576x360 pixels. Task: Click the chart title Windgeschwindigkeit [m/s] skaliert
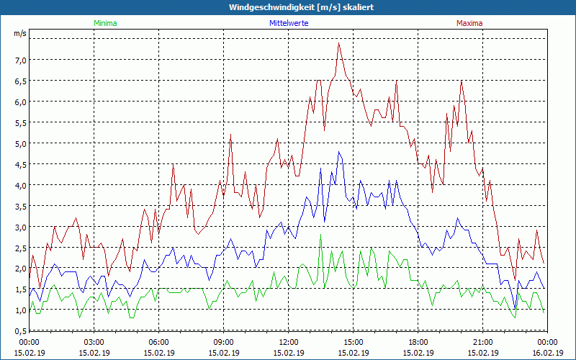pyautogui.click(x=292, y=7)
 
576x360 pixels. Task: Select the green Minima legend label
pyautogui.click(x=104, y=23)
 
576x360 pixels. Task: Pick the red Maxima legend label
pyautogui.click(x=469, y=23)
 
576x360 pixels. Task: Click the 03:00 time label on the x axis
pyautogui.click(x=94, y=342)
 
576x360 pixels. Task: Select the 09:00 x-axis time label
pyautogui.click(x=223, y=342)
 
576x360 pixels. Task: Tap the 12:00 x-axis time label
pyautogui.click(x=288, y=342)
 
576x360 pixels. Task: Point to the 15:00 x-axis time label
pyautogui.click(x=353, y=342)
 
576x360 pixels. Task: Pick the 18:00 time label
pyautogui.click(x=418, y=342)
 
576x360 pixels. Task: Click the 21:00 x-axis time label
pyautogui.click(x=482, y=342)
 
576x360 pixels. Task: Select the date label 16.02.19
pyautogui.click(x=547, y=353)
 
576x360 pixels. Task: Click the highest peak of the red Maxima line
pyautogui.click(x=338, y=43)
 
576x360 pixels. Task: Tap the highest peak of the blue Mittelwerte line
pyautogui.click(x=338, y=152)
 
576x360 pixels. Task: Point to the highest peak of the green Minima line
pyautogui.click(x=320, y=235)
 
